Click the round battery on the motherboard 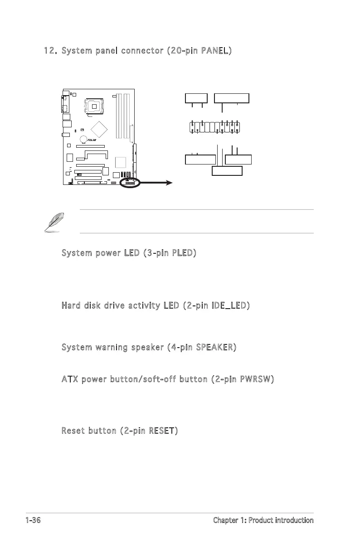coord(84,140)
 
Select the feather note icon coord(52,223)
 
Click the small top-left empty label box coord(196,98)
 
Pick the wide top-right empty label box coord(232,98)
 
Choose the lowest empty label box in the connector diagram coord(227,171)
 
